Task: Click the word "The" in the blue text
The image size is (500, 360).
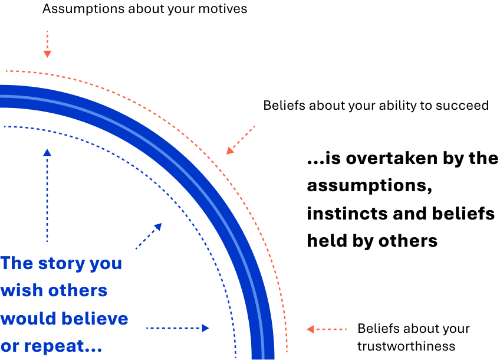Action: click(17, 263)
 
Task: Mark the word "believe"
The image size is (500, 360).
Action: click(96, 319)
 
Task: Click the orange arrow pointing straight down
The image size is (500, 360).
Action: click(47, 45)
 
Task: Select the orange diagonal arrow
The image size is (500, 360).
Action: click(240, 140)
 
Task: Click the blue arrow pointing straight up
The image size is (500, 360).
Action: click(47, 195)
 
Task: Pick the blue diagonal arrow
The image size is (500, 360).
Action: click(149, 235)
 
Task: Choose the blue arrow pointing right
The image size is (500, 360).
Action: click(177, 328)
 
